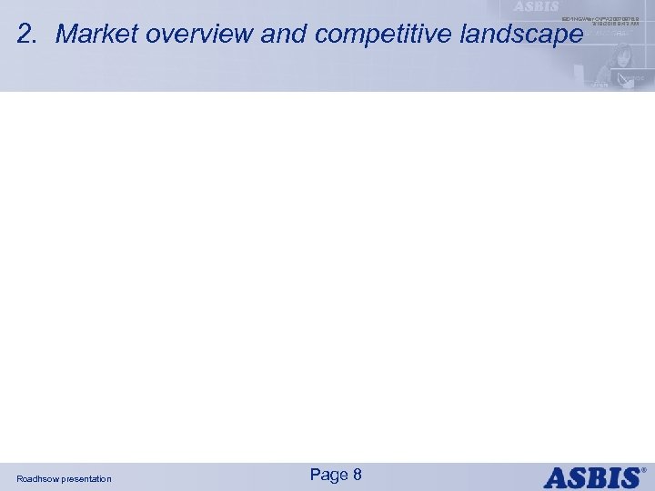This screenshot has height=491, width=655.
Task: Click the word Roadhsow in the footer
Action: coord(38,478)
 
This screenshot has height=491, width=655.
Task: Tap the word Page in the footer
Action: coord(328,475)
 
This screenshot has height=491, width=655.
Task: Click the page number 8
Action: coord(358,475)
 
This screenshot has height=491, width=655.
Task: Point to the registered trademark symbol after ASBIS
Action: coord(645,470)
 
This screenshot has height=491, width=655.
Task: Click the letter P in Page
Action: coord(316,475)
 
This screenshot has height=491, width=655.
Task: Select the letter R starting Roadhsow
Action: coord(20,478)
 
